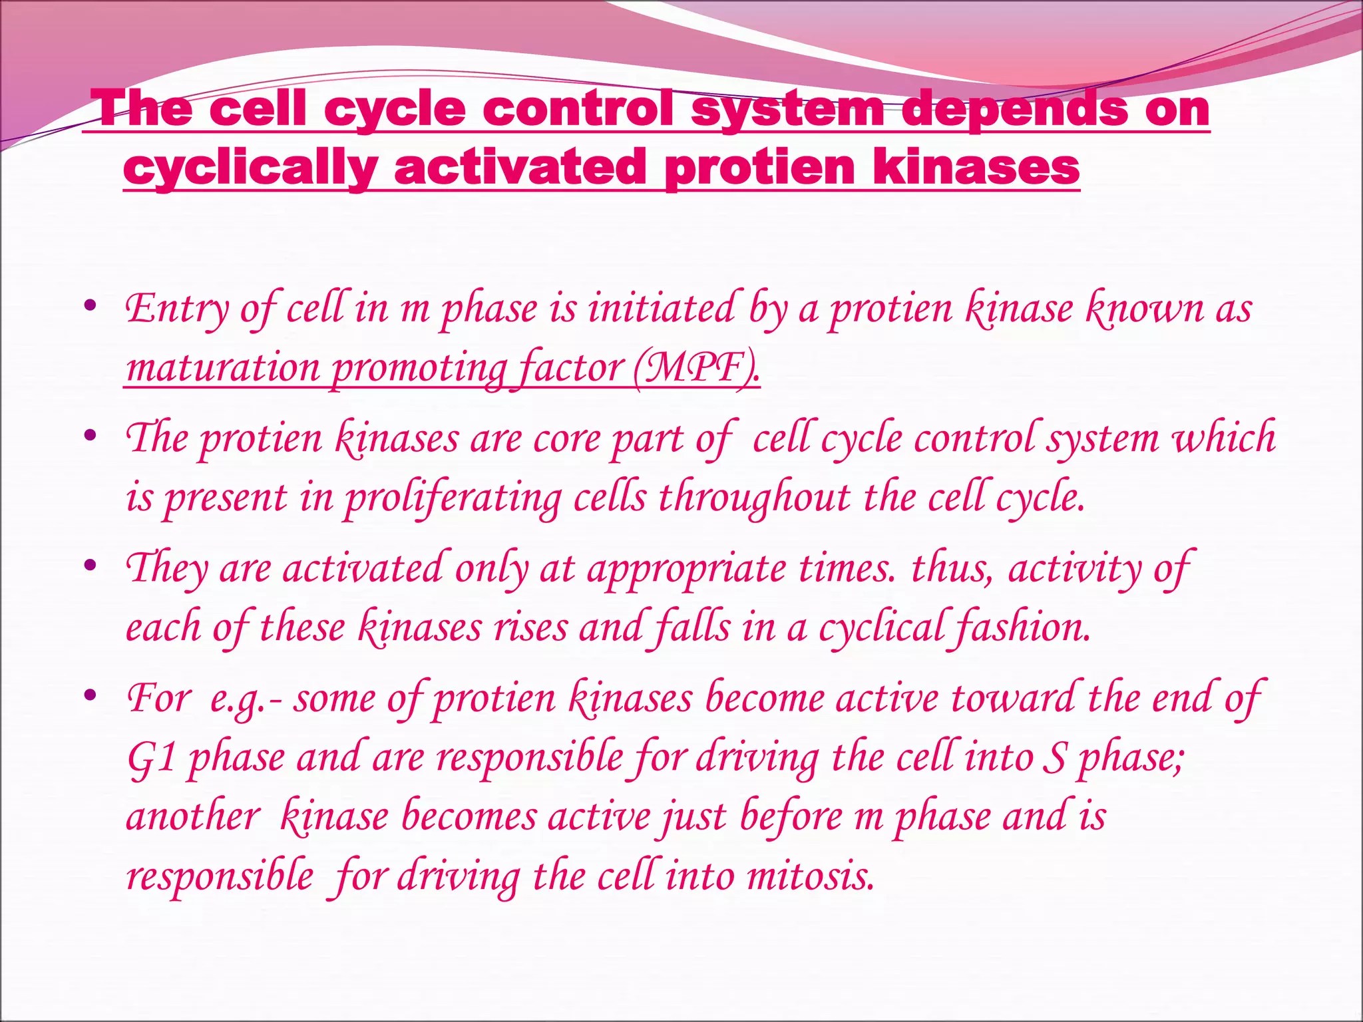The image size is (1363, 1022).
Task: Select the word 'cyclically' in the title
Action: [x=251, y=168]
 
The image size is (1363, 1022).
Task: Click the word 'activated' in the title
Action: [x=520, y=168]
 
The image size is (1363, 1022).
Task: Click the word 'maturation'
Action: [x=223, y=368]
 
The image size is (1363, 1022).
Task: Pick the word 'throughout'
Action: [x=754, y=497]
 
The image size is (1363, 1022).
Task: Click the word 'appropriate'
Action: [x=686, y=570]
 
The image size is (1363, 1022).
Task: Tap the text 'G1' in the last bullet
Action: [x=150, y=758]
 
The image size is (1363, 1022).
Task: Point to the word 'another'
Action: [x=192, y=817]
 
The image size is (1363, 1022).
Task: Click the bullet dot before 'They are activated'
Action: [x=91, y=567]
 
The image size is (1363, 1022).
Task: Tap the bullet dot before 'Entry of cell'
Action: [x=91, y=307]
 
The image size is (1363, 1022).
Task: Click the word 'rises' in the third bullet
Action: [x=530, y=627]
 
